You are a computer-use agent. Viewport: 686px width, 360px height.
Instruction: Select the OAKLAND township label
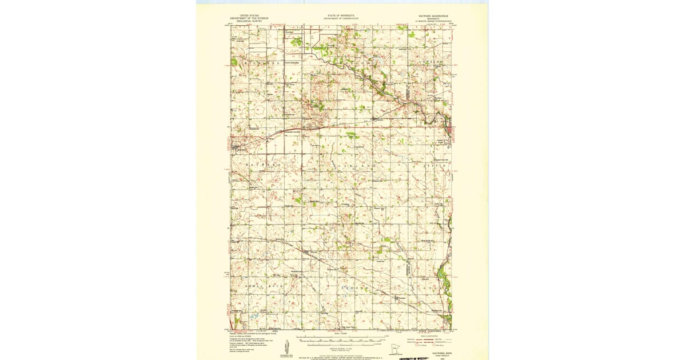(x=360, y=165)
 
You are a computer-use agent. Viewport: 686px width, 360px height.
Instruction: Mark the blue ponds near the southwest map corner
(x=254, y=314)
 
